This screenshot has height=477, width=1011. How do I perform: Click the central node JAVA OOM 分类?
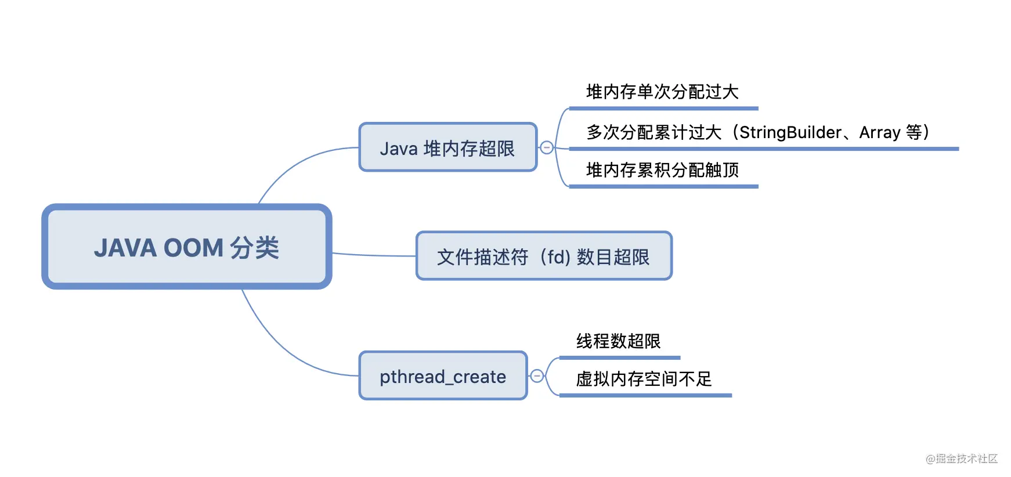[x=186, y=247]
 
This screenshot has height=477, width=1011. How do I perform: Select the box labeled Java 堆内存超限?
[x=447, y=147]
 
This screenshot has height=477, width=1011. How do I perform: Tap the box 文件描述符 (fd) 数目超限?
[x=543, y=256]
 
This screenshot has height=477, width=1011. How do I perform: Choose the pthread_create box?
[x=442, y=376]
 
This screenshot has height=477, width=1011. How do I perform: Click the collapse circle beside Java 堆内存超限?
[x=546, y=147]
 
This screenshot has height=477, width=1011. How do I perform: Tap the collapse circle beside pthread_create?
[x=537, y=376]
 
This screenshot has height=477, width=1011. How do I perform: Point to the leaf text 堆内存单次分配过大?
[x=662, y=92]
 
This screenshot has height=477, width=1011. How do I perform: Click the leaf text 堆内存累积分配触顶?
[x=662, y=170]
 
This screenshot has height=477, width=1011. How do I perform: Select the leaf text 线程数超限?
[x=618, y=341]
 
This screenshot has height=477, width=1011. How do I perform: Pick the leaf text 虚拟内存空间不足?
[x=643, y=379]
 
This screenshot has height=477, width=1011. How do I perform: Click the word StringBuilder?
[x=790, y=132]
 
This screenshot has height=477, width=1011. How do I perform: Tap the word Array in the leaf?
[x=879, y=133]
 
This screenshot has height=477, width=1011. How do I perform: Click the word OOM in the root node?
[x=193, y=248]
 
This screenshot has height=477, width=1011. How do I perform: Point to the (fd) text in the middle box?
[x=554, y=256]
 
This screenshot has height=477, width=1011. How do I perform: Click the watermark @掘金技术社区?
[x=961, y=458]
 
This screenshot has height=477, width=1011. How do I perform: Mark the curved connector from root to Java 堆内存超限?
[x=290, y=168]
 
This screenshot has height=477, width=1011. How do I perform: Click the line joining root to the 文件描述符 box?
[x=374, y=255]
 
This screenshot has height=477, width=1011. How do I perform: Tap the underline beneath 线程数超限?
[x=619, y=357]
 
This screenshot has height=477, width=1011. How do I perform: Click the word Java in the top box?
[x=398, y=149]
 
